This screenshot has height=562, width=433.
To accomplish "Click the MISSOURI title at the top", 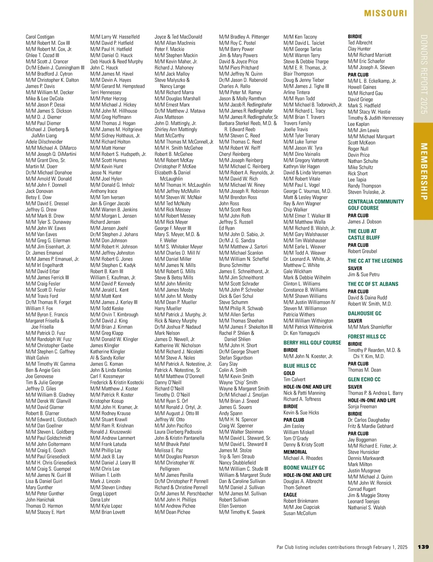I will (385, 13).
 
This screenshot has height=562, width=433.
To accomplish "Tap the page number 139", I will (423, 547).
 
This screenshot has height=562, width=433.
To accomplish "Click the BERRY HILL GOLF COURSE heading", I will (312, 343).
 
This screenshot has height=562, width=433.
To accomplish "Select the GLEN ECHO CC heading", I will (364, 379).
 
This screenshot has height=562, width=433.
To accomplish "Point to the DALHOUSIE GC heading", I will (364, 313).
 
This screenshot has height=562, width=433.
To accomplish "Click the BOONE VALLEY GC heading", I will (304, 467).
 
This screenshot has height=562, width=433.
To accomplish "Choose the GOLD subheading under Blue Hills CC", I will (289, 373).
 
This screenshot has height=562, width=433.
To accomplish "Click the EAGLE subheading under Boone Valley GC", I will (290, 495).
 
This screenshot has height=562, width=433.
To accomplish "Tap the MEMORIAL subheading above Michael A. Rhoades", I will (295, 452).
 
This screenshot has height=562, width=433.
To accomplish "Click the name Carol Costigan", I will (40, 37).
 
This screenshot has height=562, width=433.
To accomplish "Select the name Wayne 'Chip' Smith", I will (238, 382).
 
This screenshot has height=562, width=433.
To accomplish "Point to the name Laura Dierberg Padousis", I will (178, 432).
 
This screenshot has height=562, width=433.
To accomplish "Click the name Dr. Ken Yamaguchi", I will (302, 333).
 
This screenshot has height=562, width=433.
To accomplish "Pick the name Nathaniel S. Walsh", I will (367, 508).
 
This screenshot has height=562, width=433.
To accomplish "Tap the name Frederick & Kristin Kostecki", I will (117, 382).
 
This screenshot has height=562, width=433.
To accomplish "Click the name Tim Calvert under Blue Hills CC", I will (294, 379).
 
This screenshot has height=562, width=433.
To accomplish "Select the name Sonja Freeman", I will (362, 407).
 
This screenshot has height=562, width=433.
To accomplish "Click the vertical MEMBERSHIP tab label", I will (424, 171).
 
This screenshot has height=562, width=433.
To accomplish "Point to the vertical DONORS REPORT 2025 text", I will (424, 74).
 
